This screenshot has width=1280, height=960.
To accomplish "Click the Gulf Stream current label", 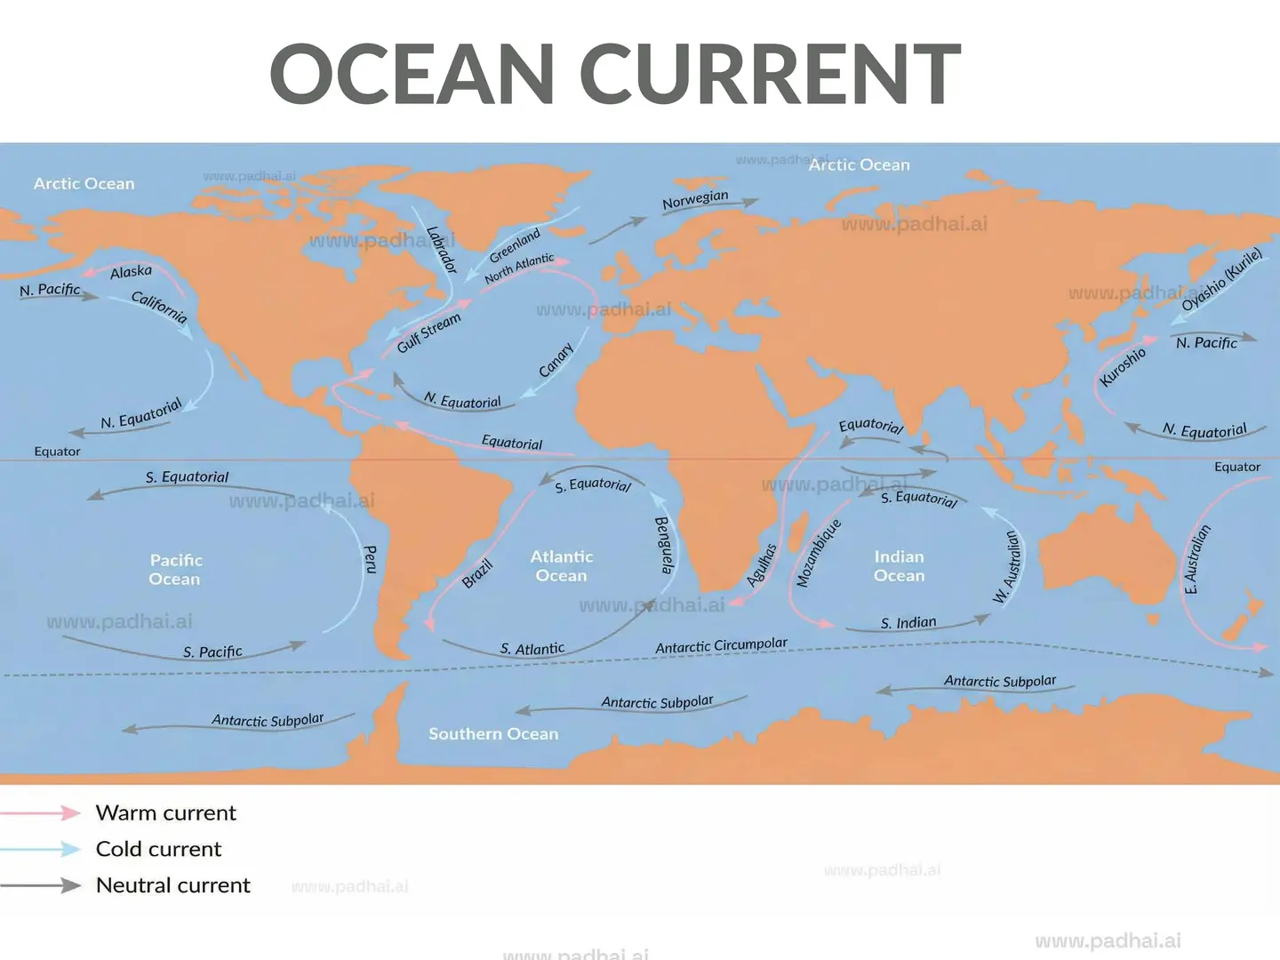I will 429,332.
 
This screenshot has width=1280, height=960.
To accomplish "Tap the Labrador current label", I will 441,250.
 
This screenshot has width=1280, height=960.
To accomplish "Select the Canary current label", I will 556,360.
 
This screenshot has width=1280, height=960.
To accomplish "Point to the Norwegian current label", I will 695,200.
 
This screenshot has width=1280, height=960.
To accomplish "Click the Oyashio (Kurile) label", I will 1221,280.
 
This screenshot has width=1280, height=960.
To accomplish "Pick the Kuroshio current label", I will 1123,367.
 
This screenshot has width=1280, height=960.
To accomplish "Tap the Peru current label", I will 371,559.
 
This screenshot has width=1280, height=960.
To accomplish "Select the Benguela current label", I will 664,545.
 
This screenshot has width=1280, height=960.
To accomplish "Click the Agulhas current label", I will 762,565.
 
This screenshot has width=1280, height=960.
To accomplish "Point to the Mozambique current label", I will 818,553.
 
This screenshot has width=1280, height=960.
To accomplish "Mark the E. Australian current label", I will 1196,559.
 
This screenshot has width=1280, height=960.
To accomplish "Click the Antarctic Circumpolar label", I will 721,645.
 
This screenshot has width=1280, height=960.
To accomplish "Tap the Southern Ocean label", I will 493,733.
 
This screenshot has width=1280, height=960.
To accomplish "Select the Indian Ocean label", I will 899,566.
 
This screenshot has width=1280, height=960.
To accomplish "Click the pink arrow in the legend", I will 41,812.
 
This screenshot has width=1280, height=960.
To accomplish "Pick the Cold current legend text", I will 158,849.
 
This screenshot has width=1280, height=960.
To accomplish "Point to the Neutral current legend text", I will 173,885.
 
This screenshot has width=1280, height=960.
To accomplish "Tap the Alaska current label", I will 131,272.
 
